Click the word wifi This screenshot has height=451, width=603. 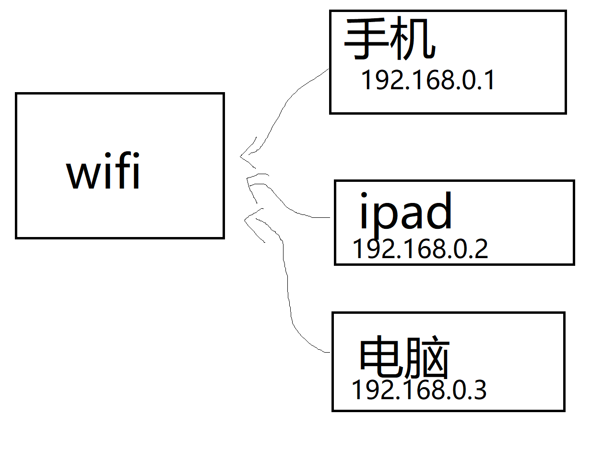(x=103, y=170)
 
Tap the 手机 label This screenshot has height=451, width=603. (x=390, y=40)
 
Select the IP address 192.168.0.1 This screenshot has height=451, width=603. (x=427, y=80)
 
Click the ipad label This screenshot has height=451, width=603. (x=405, y=211)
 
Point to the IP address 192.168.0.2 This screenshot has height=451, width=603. (x=420, y=249)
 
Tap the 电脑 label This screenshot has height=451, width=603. (x=404, y=359)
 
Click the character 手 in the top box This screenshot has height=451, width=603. (x=367, y=40)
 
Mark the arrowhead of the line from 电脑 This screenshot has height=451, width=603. (x=246, y=220)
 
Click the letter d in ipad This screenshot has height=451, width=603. (x=438, y=210)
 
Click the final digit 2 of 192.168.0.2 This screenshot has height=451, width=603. (x=481, y=249)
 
